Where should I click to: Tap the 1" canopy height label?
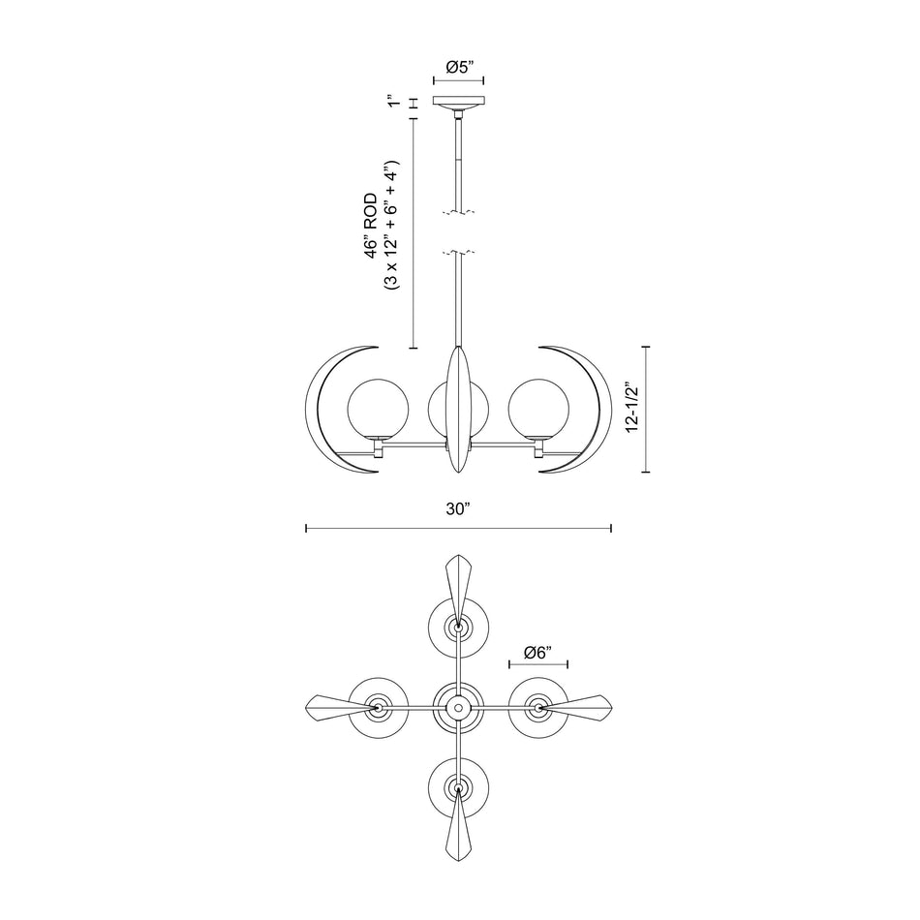(391, 103)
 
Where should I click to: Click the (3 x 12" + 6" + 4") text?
(390, 226)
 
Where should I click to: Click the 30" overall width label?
(458, 508)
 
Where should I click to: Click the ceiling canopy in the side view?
(458, 104)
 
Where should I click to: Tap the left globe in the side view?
(376, 409)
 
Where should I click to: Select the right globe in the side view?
(537, 409)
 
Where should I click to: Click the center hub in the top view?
(458, 709)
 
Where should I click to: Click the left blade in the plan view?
(334, 709)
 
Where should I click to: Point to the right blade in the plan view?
(581, 709)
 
